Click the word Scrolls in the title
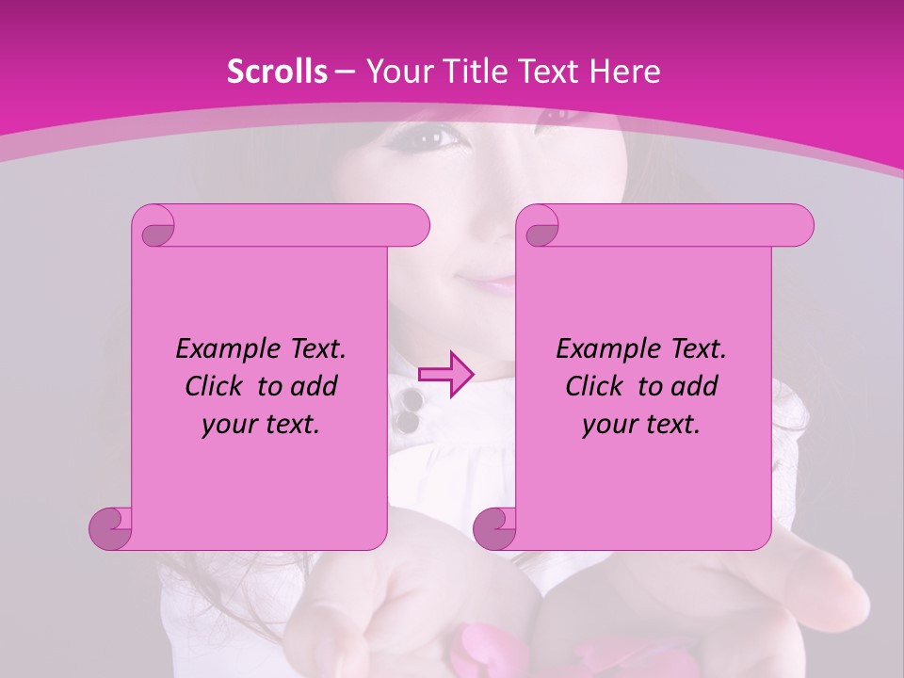tap(277, 72)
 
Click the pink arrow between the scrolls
tap(445, 375)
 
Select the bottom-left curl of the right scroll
tap(495, 527)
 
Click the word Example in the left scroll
tap(222, 349)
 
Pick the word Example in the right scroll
tap(603, 349)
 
